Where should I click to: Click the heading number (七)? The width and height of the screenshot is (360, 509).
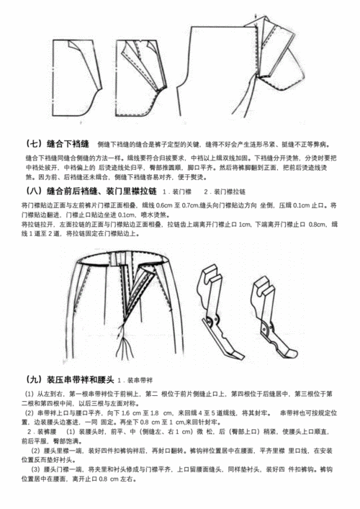pyautogui.click(x=33, y=143)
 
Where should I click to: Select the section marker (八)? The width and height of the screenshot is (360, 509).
pyautogui.click(x=33, y=192)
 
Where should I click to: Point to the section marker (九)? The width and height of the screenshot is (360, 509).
pyautogui.click(x=33, y=379)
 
